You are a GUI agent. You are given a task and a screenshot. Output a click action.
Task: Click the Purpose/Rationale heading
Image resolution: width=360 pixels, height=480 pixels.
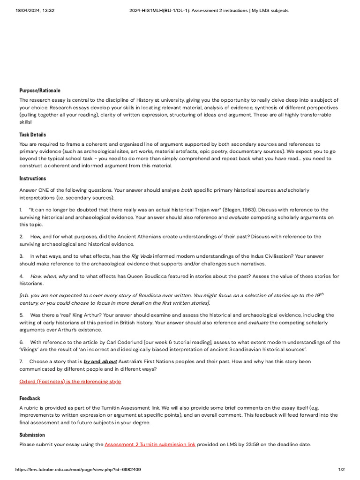click(40, 90)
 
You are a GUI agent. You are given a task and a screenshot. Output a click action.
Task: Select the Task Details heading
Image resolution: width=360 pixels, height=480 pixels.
click(33, 135)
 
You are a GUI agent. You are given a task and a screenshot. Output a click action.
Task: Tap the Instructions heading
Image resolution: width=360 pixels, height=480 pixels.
click(33, 179)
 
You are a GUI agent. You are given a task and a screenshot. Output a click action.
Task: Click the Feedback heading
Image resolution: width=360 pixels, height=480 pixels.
click(30, 398)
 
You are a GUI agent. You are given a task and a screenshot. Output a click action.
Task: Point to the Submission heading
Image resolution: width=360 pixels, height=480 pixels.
click(32, 435)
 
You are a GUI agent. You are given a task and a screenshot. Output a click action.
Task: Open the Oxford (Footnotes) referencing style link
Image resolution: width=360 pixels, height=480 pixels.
click(70, 382)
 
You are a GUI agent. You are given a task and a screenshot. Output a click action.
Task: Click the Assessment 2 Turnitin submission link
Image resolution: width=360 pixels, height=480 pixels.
click(150, 444)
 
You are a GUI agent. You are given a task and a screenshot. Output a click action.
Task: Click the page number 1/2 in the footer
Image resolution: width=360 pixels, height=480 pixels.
click(341, 469)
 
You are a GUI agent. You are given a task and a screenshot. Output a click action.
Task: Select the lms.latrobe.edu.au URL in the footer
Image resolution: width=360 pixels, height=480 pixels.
click(78, 469)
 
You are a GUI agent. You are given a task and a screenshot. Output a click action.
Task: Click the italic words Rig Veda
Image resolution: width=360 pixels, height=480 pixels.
click(141, 256)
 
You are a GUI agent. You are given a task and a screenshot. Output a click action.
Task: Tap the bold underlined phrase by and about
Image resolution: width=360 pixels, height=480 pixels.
click(100, 362)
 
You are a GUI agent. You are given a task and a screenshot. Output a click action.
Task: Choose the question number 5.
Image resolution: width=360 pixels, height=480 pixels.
click(22, 315)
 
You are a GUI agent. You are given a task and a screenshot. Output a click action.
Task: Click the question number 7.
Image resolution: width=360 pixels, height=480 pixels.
click(22, 362)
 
